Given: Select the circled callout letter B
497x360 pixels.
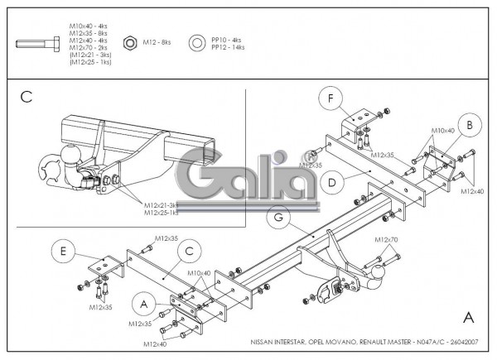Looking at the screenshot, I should click(469, 125).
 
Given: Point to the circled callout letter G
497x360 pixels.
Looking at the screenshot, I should click(280, 218).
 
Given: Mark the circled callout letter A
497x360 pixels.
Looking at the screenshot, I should click(144, 305).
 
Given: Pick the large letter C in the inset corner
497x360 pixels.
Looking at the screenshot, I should click(26, 97).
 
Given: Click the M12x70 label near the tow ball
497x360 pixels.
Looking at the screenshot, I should click(386, 239).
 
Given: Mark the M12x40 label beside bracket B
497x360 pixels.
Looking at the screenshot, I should click(471, 192).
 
